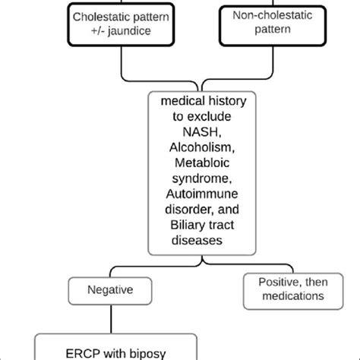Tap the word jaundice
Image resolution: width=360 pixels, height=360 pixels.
(x=129, y=31)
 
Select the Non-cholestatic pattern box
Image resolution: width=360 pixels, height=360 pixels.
(x=273, y=26)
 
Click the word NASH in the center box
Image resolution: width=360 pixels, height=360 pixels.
(x=202, y=132)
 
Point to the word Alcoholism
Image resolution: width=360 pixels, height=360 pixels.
(x=202, y=147)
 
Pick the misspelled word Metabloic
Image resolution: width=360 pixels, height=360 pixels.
(x=202, y=163)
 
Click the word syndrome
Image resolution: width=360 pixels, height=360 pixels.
(x=202, y=178)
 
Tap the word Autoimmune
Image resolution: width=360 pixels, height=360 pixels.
(x=202, y=194)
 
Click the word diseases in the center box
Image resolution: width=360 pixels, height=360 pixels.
(x=197, y=240)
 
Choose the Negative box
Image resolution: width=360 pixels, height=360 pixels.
(x=110, y=291)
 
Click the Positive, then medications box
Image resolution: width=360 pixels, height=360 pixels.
(x=293, y=291)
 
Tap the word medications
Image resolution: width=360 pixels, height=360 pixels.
(x=293, y=296)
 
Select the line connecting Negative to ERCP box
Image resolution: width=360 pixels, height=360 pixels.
(x=111, y=319)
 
